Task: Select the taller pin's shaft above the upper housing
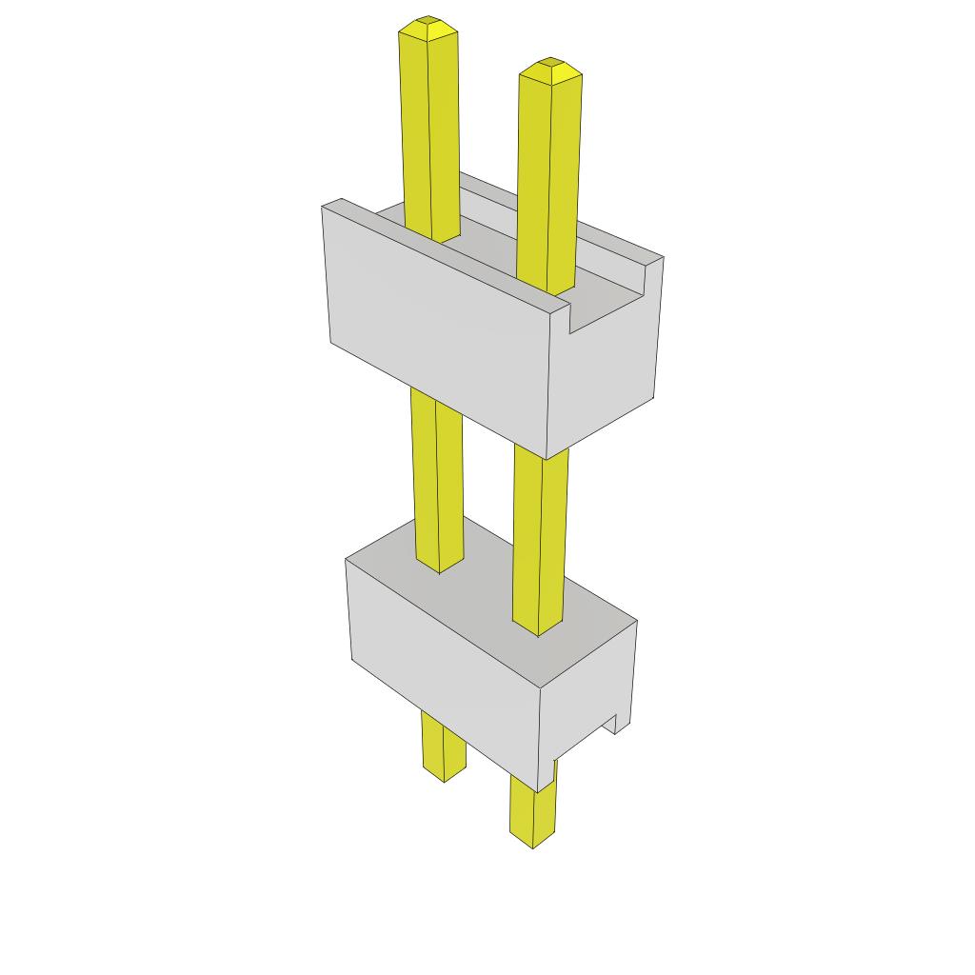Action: tap(429, 133)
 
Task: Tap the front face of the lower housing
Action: tap(443, 667)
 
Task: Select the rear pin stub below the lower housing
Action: tap(444, 747)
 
